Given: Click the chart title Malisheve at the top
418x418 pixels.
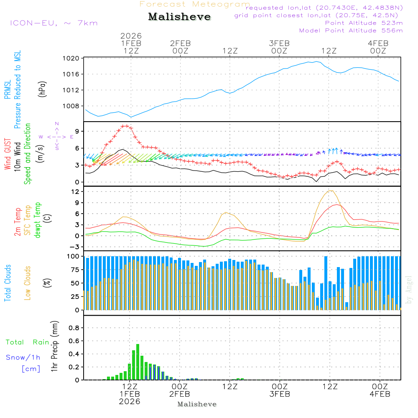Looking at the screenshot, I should pos(180,17).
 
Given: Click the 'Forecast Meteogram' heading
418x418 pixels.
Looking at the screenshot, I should pos(195,5).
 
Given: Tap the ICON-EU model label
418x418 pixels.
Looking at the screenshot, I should pos(54,23).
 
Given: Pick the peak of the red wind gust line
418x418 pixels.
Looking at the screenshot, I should pos(125,125).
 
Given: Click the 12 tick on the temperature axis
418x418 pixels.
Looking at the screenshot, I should pos(76,191).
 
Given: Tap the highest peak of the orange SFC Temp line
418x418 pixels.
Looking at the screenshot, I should pos(331,191).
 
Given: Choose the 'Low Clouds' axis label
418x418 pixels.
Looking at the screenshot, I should pos(28,283).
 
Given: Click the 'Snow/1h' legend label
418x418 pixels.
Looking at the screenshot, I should pos(23,357).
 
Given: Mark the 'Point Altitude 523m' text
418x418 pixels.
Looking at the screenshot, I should pos(364,23).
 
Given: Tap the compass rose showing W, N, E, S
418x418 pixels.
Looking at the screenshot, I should pos(56,136).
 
